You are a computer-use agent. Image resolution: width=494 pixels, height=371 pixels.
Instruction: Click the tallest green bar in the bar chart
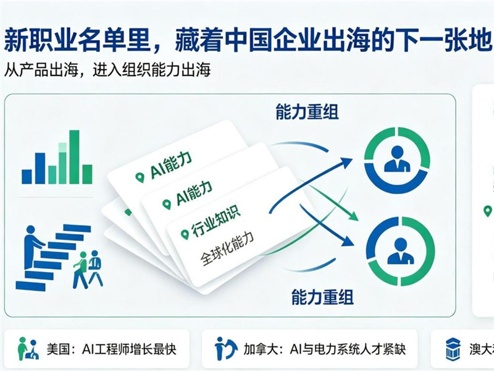pyautogui.click(x=74, y=157)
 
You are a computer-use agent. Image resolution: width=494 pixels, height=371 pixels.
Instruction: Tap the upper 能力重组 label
pyautogui.click(x=307, y=112)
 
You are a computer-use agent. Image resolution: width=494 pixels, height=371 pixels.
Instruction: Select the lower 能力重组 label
pyautogui.click(x=322, y=297)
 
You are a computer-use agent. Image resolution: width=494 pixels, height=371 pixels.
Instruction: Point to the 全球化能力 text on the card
pyautogui.click(x=227, y=250)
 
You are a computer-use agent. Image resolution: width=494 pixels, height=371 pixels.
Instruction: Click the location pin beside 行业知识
pyautogui.click(x=185, y=234)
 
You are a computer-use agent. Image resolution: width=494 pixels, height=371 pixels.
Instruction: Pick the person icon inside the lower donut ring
pyautogui.click(x=400, y=251)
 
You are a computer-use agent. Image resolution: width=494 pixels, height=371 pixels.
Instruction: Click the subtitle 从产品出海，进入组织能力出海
pyautogui.click(x=107, y=70)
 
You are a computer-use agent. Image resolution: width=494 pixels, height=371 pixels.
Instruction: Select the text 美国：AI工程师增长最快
pyautogui.click(x=111, y=349)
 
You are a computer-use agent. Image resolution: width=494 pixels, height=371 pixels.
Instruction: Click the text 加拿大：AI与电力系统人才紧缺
pyautogui.click(x=324, y=349)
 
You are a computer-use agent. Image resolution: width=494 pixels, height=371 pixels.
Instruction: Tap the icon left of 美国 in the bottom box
pyautogui.click(x=28, y=349)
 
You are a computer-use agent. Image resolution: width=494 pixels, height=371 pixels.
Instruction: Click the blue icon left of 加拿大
pyautogui.click(x=225, y=349)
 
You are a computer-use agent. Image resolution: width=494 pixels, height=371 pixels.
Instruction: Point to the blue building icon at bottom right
pyautogui.click(x=453, y=349)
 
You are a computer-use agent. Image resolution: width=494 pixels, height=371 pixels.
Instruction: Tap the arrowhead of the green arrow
pyautogui.click(x=353, y=216)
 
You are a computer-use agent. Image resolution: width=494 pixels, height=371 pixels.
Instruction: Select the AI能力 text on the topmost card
pyautogui.click(x=171, y=165)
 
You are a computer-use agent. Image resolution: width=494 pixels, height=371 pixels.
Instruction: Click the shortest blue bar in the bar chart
pyautogui.click(x=27, y=177)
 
